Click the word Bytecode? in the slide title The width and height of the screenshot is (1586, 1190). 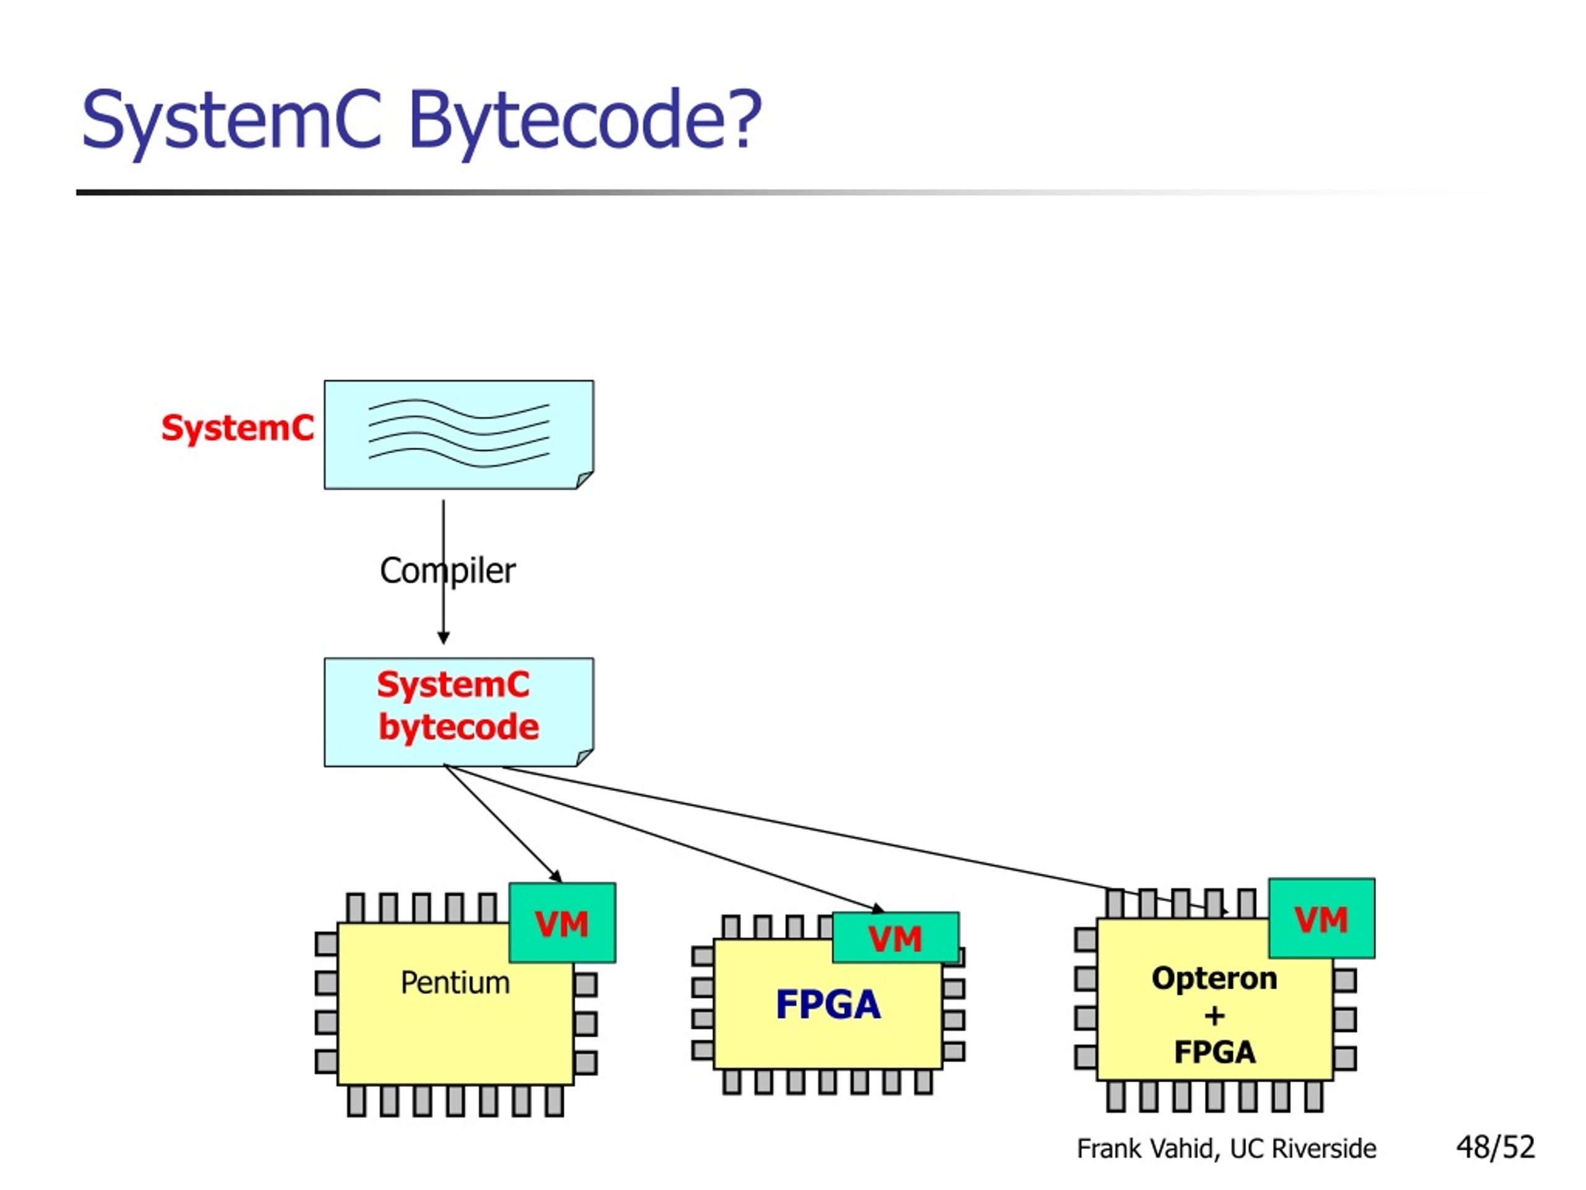click(584, 120)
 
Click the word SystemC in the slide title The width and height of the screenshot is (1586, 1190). click(231, 120)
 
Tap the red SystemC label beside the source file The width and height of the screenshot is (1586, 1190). click(237, 428)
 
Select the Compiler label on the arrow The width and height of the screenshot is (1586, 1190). click(447, 571)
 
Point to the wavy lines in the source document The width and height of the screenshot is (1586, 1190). click(459, 433)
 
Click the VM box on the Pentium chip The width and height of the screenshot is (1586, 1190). click(562, 922)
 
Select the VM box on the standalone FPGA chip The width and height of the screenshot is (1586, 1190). click(895, 938)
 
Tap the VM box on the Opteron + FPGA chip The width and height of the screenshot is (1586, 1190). click(1321, 918)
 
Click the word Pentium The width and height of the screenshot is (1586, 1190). click(455, 983)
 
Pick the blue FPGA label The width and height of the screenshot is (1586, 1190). click(828, 1004)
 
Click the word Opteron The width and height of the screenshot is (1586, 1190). click(1215, 979)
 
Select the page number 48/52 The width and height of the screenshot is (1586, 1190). click(1496, 1147)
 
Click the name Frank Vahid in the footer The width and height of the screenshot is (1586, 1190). click(1147, 1148)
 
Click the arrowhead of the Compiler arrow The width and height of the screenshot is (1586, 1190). click(443, 638)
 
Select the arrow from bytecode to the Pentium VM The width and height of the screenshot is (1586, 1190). click(502, 824)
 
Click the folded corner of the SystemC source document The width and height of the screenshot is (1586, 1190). click(584, 480)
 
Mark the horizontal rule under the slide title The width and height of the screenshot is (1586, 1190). click(789, 192)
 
